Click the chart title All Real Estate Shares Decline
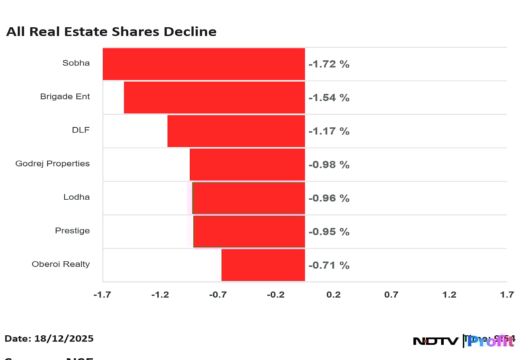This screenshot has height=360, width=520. point(111,32)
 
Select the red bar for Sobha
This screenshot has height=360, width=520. point(204,64)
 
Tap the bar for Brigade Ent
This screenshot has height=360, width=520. point(214,97)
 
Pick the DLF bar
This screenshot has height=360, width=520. point(236,131)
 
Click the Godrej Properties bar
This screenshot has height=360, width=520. point(247,164)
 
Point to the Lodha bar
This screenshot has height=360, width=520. point(249,198)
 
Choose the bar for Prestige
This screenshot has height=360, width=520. point(249,231)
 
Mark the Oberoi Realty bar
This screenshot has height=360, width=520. point(263,265)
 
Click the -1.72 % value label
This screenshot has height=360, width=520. point(329,65)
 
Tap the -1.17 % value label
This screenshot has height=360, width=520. point(329,131)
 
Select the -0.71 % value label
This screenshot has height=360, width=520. point(329,265)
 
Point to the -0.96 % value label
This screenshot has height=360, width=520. point(329,198)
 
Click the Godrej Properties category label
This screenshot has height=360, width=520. point(52,164)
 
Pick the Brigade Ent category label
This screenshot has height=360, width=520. point(65,97)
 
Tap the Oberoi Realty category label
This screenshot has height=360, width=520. point(61,264)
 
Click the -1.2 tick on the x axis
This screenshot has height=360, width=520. point(160,295)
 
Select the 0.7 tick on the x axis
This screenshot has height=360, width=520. point(391,295)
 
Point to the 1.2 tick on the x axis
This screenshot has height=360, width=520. point(449,295)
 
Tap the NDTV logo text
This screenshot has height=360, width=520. point(435,341)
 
